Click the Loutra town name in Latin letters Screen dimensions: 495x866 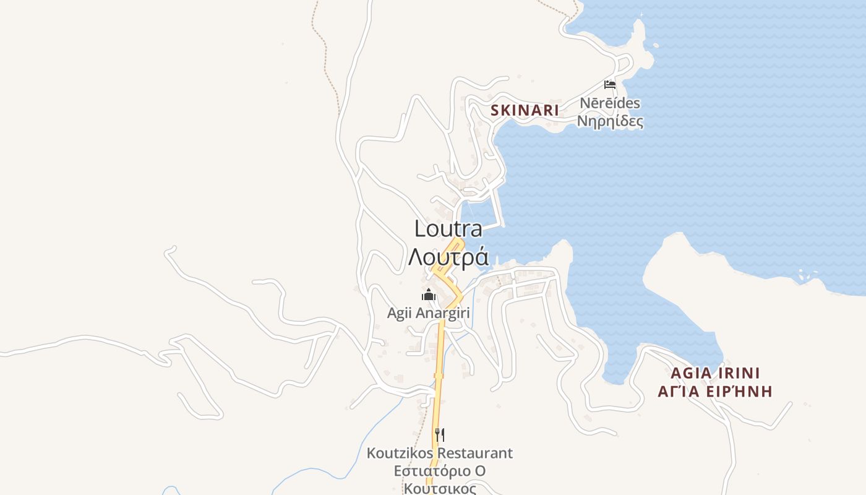point(448,229)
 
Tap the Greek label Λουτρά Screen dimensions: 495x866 point(448,257)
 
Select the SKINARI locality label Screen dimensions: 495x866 point(525,111)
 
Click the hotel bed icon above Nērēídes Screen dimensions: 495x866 point(610,85)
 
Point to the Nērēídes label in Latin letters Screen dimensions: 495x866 point(610,103)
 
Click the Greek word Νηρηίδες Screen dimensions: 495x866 point(610,121)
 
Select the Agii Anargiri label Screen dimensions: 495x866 point(429,313)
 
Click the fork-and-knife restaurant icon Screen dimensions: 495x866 point(439,434)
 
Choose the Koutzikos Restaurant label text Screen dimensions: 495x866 point(439,453)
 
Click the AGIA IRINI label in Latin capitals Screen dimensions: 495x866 point(715,374)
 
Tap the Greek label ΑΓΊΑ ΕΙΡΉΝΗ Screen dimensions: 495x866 point(715,391)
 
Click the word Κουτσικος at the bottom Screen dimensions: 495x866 point(440,489)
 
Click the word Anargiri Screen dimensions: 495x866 point(444,313)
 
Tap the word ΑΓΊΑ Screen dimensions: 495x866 point(678,391)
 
